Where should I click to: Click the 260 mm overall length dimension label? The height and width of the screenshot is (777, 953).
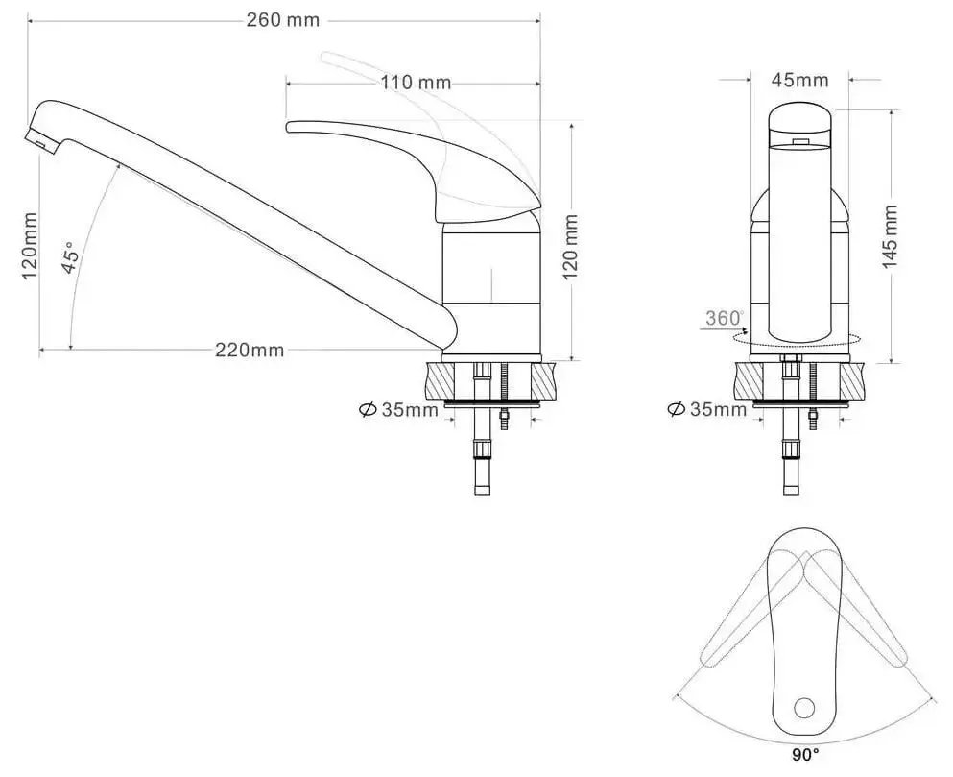pos(283,21)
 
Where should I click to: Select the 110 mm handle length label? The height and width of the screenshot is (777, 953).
pos(415,83)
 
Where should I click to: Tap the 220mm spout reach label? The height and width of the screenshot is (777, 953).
pos(249,350)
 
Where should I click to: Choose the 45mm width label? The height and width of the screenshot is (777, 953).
pos(799,81)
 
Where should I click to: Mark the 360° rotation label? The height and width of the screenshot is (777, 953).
pos(725,318)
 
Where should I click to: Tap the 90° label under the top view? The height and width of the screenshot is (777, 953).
pos(805,755)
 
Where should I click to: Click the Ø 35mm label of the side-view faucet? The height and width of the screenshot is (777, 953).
pos(397,410)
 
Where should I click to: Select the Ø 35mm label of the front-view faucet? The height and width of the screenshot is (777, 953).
pos(706,410)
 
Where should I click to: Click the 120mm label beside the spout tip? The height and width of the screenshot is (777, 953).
pos(30,245)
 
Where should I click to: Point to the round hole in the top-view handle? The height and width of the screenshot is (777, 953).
pos(804,708)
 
